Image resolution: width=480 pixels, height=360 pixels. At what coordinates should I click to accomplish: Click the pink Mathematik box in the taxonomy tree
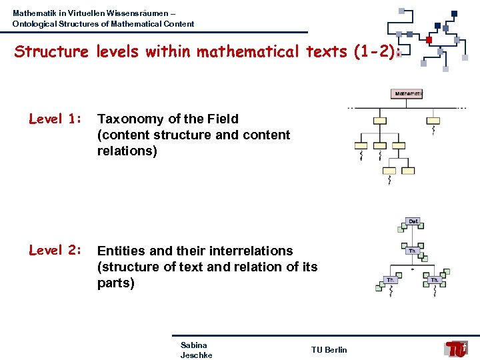coord(407,94)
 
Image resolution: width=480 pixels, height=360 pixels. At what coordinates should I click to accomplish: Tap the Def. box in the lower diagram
coord(413,221)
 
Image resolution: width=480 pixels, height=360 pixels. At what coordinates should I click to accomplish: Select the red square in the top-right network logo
coord(429,39)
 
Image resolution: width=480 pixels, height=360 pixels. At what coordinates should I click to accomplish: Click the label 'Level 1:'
coord(55,119)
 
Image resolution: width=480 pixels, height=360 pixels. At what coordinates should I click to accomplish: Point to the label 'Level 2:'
coord(55,251)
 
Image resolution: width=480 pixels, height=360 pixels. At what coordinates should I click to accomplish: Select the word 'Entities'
coord(122,251)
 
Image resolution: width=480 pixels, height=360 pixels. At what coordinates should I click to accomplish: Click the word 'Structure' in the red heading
coord(51,51)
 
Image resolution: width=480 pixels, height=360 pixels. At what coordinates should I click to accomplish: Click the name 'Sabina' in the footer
coord(193,345)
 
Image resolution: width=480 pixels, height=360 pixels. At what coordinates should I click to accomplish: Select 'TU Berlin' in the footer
coord(329,350)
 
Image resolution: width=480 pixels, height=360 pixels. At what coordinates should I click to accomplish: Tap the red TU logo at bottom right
coord(457,349)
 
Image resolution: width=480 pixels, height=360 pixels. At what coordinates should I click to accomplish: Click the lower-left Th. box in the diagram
coord(391,280)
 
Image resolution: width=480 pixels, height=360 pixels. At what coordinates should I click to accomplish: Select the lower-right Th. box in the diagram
coord(435,280)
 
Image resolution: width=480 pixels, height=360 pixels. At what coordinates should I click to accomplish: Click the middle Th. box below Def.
coord(413,251)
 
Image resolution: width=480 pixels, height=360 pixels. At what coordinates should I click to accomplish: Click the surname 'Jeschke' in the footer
coord(196,355)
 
